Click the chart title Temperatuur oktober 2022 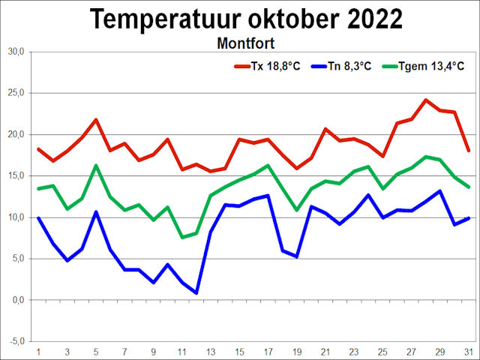click(246, 19)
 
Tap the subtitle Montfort click(245, 43)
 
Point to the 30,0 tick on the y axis click(16, 52)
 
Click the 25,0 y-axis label click(16, 93)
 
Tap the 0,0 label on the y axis click(17, 300)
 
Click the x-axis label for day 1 click(38, 351)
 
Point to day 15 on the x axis click(239, 351)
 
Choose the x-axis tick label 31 click(469, 351)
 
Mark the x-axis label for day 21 click(325, 351)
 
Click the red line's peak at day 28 click(426, 100)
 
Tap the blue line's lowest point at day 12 click(196, 293)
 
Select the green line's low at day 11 click(182, 238)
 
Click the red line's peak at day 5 click(96, 120)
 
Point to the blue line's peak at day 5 click(96, 211)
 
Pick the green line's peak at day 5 click(96, 165)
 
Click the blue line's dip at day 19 click(297, 256)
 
